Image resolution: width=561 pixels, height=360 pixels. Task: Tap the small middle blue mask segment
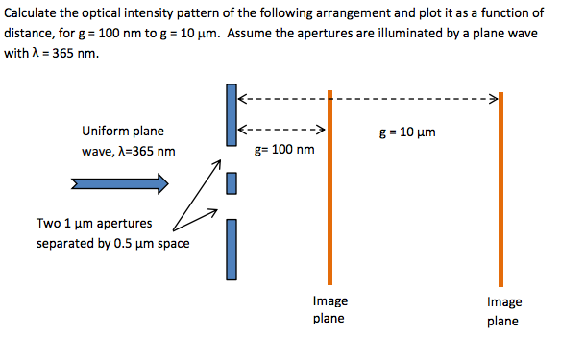[x=232, y=182]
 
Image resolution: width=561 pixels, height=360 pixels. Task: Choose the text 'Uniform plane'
[x=122, y=132]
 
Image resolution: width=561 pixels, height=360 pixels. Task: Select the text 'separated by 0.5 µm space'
[x=112, y=243]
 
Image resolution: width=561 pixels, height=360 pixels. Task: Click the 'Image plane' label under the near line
[x=329, y=309]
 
